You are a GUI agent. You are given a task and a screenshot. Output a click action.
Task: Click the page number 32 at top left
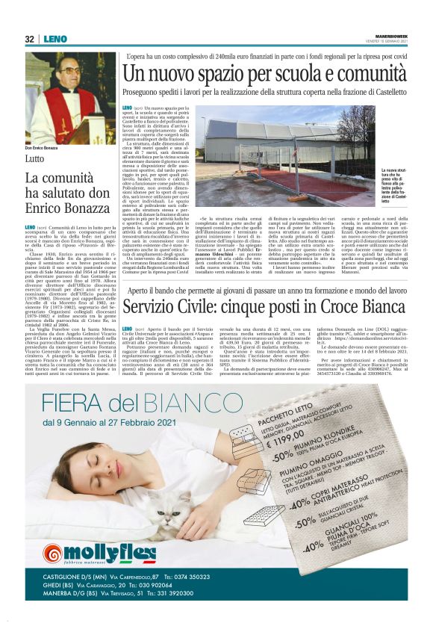tap(29, 39)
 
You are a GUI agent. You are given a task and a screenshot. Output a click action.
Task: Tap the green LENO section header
tap(54, 39)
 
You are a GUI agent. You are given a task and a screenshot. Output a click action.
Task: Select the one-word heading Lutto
tap(36, 158)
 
